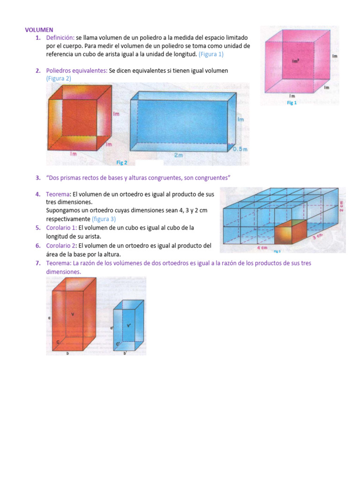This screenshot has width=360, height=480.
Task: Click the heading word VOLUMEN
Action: tap(39, 30)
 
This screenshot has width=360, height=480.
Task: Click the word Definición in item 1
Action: tap(60, 37)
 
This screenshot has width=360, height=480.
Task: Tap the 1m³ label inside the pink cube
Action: tap(295, 60)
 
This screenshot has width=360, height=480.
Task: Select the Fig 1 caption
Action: tap(292, 103)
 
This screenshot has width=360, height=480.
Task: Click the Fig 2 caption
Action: tap(122, 162)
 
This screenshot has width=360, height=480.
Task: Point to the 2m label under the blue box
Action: tap(178, 156)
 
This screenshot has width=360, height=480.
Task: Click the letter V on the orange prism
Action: tap(73, 314)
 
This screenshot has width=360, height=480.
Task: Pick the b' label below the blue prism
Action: tap(125, 353)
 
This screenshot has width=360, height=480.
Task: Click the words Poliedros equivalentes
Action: tap(76, 70)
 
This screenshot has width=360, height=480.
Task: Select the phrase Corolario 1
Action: tap(61, 227)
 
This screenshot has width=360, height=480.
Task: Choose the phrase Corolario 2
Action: tap(61, 245)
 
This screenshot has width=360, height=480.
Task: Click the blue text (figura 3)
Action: tap(104, 219)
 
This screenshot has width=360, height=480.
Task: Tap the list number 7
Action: tap(37, 263)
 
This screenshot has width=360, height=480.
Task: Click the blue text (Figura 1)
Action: tap(211, 54)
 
